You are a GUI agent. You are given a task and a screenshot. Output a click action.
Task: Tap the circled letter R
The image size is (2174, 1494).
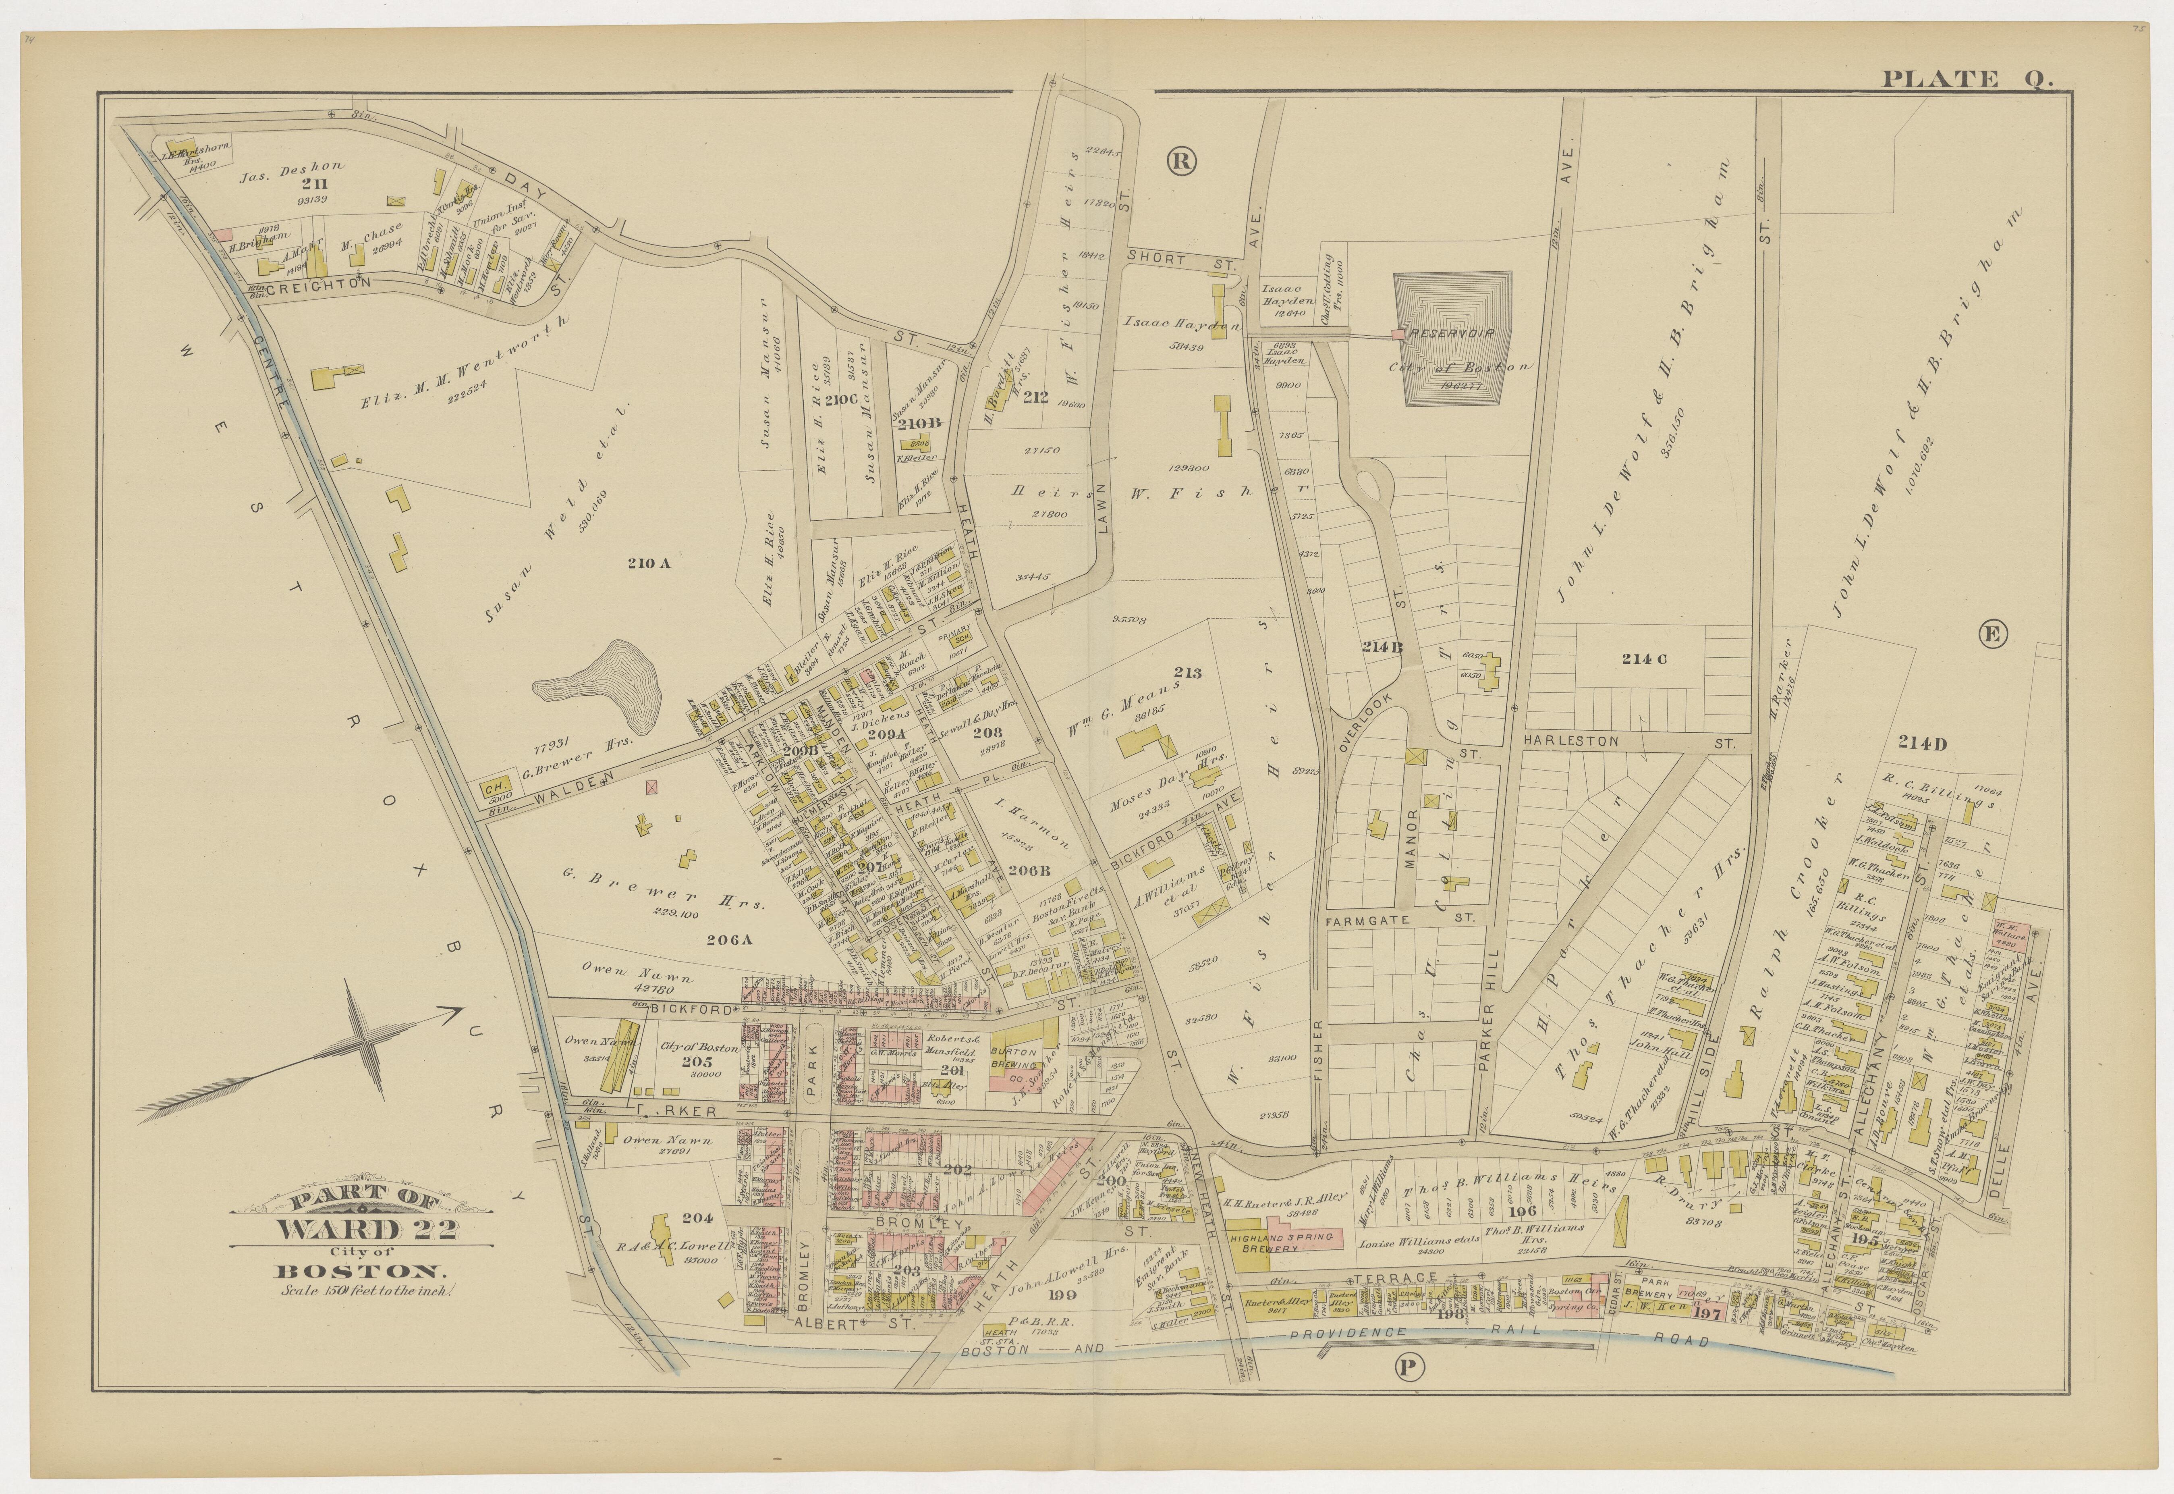point(1182,161)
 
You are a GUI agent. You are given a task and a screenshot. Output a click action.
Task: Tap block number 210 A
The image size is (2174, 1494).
point(649,563)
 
